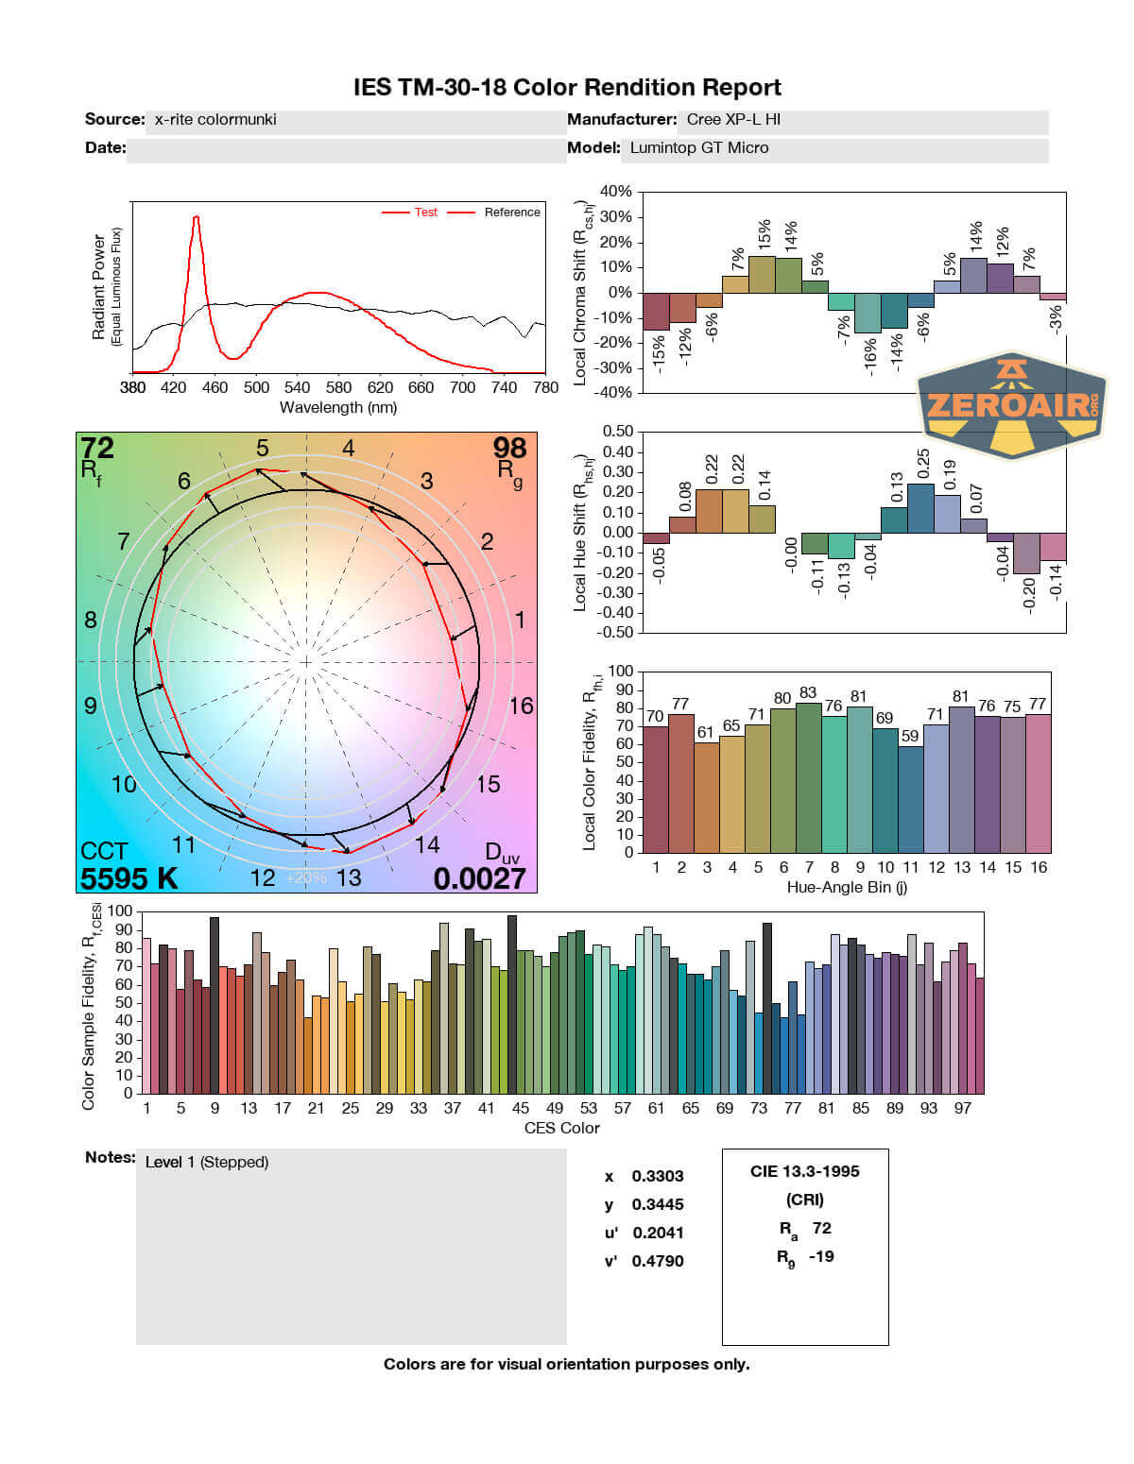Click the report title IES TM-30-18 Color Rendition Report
tap(567, 88)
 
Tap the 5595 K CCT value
tap(129, 878)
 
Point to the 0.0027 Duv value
tap(479, 878)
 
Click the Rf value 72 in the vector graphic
tap(97, 448)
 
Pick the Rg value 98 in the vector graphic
tap(509, 448)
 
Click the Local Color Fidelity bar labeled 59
tap(910, 799)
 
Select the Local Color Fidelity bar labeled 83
tap(808, 777)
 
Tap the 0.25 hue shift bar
tap(920, 508)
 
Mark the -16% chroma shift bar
tap(868, 313)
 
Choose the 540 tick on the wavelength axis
tap(298, 387)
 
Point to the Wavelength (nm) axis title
tap(338, 408)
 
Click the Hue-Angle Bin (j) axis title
tap(847, 888)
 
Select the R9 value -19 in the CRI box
tap(821, 1256)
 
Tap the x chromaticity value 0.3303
tap(658, 1176)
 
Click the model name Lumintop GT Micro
tap(699, 148)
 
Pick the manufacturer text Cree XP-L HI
tap(733, 120)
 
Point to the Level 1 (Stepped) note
tap(207, 1162)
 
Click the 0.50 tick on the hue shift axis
tap(618, 432)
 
